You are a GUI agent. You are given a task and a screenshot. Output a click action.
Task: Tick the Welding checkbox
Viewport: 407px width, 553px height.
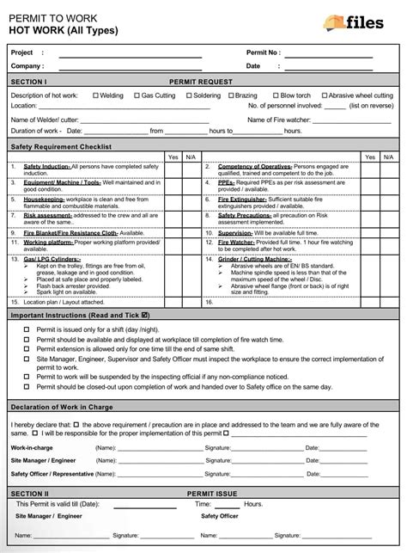pyautogui.click(x=95, y=95)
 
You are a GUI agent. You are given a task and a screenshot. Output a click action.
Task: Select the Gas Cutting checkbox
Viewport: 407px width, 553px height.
pyautogui.click(x=137, y=95)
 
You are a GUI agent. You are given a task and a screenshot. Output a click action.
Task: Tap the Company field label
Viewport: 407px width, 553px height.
pyautogui.click(x=27, y=65)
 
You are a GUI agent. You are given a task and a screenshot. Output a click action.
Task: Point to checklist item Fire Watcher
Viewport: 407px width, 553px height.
pyautogui.click(x=237, y=243)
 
